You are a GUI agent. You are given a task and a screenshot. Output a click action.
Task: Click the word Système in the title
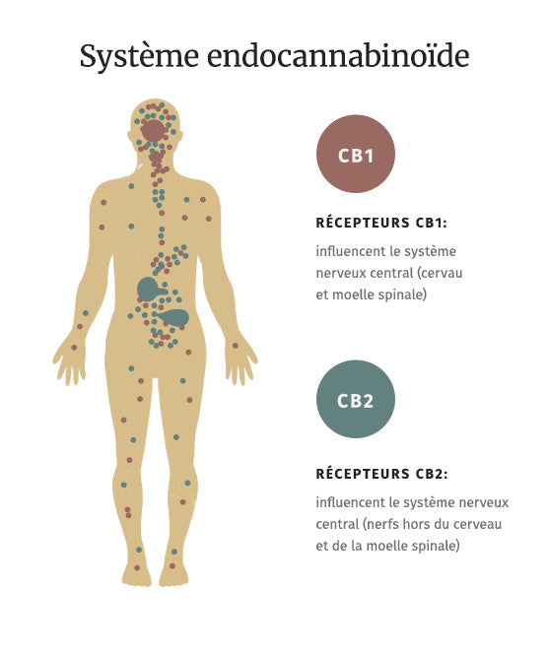pyautogui.click(x=139, y=56)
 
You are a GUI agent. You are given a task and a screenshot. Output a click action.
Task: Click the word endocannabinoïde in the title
pyautogui.click(x=339, y=54)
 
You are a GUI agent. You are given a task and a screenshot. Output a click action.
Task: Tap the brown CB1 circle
pyautogui.click(x=355, y=154)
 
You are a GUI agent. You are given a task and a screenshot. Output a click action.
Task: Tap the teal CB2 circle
pyautogui.click(x=355, y=399)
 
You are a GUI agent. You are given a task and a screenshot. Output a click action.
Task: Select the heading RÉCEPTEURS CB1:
pyautogui.click(x=381, y=223)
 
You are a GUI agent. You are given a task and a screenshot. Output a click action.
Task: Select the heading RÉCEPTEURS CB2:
pyautogui.click(x=381, y=474)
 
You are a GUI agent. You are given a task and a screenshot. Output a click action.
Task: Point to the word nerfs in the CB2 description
pyautogui.click(x=381, y=524)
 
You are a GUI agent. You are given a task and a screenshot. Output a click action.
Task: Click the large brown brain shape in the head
pyautogui.click(x=154, y=131)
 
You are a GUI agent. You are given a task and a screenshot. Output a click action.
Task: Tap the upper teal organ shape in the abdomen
pyautogui.click(x=148, y=289)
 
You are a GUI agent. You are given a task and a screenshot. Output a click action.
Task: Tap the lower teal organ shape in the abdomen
pyautogui.click(x=175, y=318)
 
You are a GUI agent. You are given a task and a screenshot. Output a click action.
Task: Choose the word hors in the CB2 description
pyautogui.click(x=412, y=524)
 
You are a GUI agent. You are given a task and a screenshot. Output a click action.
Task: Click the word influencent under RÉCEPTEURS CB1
pyautogui.click(x=349, y=251)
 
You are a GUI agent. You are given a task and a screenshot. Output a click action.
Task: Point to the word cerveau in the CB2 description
pyautogui.click(x=477, y=524)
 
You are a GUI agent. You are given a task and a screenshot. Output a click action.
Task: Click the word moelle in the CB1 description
pyautogui.click(x=352, y=294)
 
